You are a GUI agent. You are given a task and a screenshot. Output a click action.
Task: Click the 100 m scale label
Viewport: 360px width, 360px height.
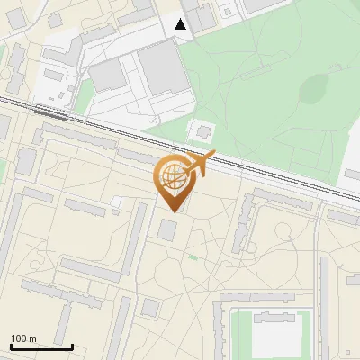point(23,338)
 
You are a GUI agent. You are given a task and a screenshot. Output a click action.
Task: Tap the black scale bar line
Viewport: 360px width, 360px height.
point(41,346)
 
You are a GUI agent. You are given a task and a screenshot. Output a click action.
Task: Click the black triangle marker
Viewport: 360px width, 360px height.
point(181,24)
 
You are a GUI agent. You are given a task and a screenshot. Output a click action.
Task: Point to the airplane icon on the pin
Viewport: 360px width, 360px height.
point(200,164)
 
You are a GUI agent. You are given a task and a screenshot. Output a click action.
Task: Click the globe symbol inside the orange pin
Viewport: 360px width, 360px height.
point(171,176)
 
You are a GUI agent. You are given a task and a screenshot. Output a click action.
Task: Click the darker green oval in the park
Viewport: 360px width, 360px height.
point(316,86)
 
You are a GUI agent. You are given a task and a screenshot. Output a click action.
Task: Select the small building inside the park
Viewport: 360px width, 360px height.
point(204,133)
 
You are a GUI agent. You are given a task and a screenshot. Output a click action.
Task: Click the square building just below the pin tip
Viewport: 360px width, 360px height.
point(167,229)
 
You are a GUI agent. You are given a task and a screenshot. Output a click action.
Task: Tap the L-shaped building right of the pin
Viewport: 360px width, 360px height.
point(245,220)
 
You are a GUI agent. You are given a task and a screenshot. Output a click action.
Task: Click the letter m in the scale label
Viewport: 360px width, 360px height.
point(31,338)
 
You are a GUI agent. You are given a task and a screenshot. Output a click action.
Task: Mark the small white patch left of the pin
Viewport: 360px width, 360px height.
point(115,212)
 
